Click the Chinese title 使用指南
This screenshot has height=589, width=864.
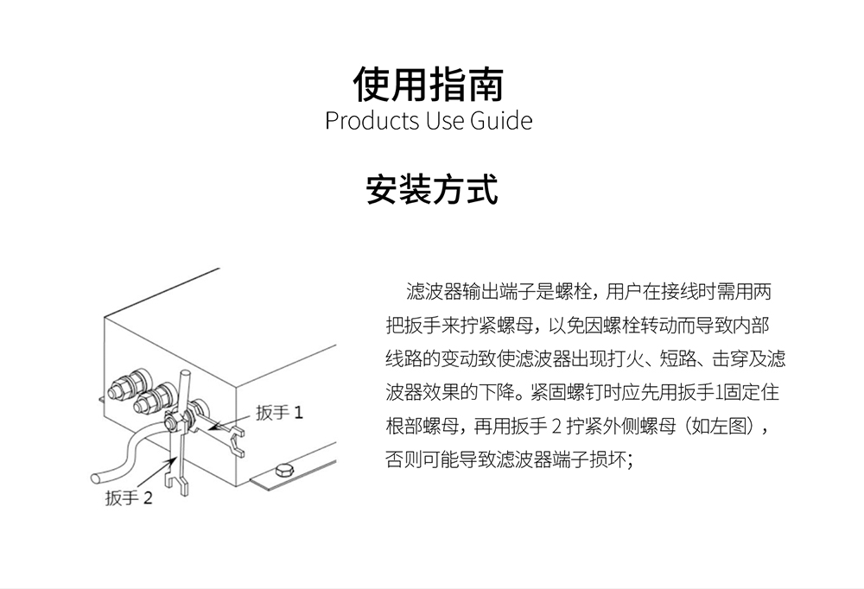point(429,85)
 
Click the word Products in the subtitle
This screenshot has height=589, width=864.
point(372,121)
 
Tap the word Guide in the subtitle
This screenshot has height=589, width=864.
point(501,121)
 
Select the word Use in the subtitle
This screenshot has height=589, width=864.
point(444,121)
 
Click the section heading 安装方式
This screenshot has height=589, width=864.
point(432,189)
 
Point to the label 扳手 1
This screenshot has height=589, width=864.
point(279,412)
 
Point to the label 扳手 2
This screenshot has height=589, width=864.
point(129,498)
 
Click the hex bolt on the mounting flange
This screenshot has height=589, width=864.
point(283,471)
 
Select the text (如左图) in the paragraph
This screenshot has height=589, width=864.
point(723,426)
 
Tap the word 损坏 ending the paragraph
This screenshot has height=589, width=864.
point(608,459)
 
